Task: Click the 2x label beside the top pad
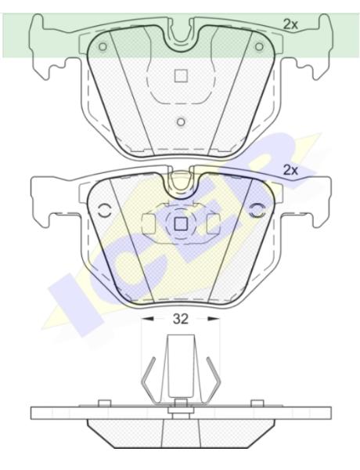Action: coord(290,24)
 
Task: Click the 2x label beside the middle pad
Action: coord(290,170)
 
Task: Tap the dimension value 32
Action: coord(181,319)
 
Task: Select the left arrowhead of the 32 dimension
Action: coord(147,319)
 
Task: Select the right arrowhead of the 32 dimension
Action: coord(214,319)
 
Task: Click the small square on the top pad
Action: coord(181,75)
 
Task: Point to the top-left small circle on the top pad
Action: coord(103,47)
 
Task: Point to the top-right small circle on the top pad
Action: coord(259,47)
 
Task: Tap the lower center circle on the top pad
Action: coord(181,122)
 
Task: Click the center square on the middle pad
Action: coord(181,223)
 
